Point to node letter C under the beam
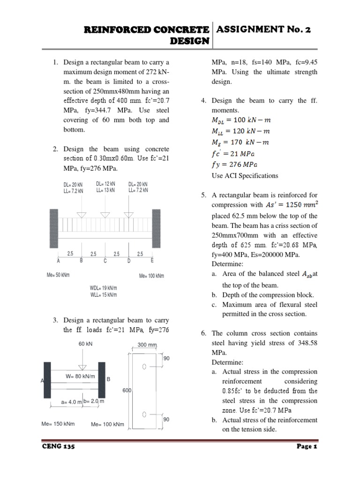pos(105,261)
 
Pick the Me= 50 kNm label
pos(58,275)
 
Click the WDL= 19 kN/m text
pos(104,287)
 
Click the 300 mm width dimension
pos(145,345)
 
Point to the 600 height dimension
pos(127,390)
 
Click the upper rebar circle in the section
pos(144,365)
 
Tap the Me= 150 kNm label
pos(59,424)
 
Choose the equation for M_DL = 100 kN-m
pos(242,120)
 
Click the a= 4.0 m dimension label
pos(72,402)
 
